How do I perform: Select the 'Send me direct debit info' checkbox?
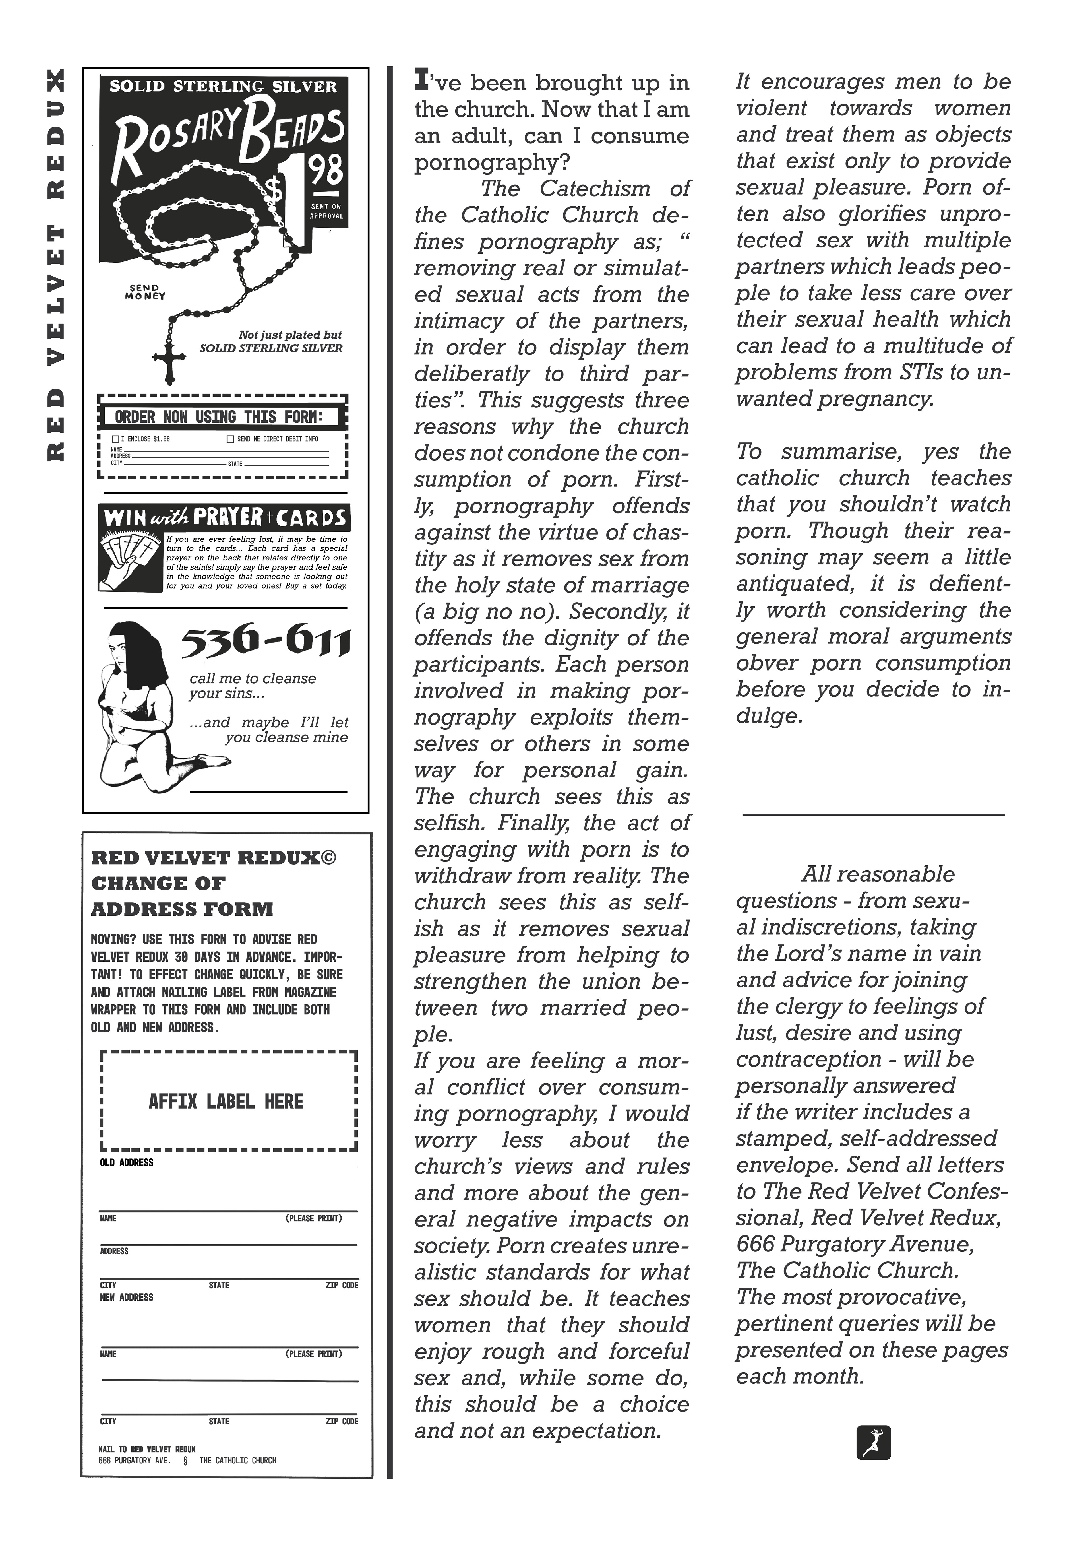(x=231, y=439)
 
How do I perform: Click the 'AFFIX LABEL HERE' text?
(x=226, y=1101)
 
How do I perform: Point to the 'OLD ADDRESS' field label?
(x=127, y=1162)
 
